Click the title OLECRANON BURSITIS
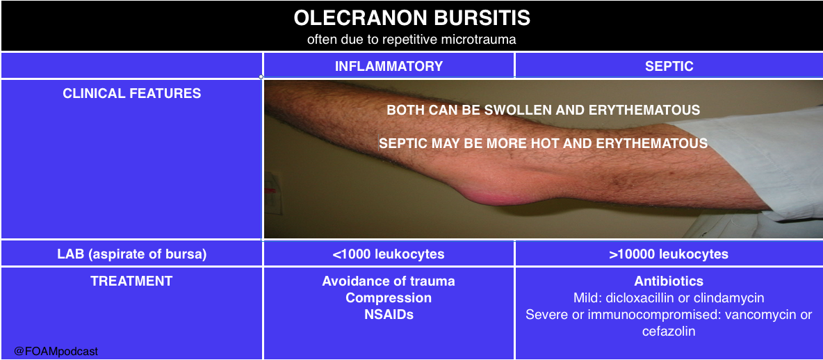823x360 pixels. tap(411, 18)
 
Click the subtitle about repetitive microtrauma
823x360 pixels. tap(411, 40)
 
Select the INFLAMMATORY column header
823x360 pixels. tap(389, 65)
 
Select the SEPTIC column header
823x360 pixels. tap(669, 65)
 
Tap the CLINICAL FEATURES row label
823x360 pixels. tap(132, 93)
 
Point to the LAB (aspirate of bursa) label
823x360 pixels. tap(132, 254)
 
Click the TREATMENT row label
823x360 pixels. tap(132, 281)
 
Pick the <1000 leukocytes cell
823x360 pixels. tap(389, 254)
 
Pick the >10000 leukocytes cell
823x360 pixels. tap(669, 254)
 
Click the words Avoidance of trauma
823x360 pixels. tap(389, 281)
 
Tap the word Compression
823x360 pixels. tap(389, 298)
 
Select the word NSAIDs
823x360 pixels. tap(389, 314)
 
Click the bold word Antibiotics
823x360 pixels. tap(669, 281)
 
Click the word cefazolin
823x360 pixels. tap(669, 332)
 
